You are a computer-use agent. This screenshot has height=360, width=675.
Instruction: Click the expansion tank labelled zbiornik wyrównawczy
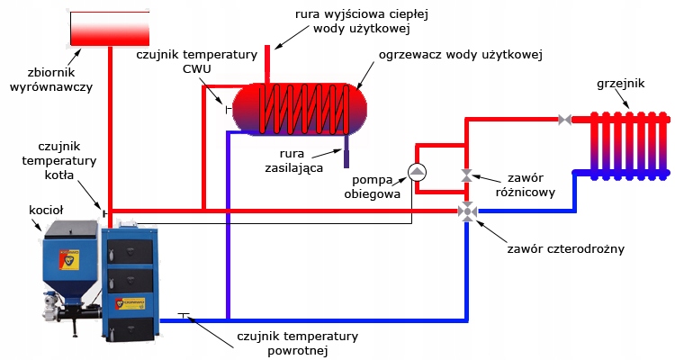coord(109,27)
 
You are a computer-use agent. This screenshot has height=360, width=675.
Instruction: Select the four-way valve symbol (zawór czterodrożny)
coord(467,211)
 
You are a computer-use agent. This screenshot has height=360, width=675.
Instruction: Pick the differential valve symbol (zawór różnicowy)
coord(467,175)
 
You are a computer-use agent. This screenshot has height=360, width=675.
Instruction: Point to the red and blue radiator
coord(628,142)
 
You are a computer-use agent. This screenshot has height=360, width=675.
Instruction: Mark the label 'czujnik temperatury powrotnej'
coord(297,344)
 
